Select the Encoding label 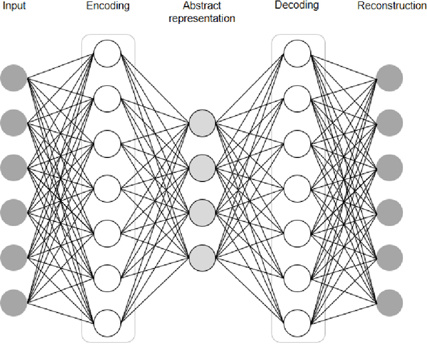pyautogui.click(x=107, y=6)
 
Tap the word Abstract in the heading pyautogui.click(x=201, y=6)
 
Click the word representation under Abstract pyautogui.click(x=202, y=18)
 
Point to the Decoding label pyautogui.click(x=297, y=5)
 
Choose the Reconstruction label pyautogui.click(x=391, y=6)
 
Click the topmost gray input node pyautogui.click(x=13, y=79)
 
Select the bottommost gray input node pyautogui.click(x=13, y=302)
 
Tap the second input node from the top pyautogui.click(x=13, y=123)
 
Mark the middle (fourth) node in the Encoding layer pyautogui.click(x=107, y=189)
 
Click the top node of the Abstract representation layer pyautogui.click(x=202, y=123)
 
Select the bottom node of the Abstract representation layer pyautogui.click(x=202, y=257)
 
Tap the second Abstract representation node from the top pyautogui.click(x=202, y=167)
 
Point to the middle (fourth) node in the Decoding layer pyautogui.click(x=297, y=189)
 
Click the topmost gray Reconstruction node pyautogui.click(x=390, y=79)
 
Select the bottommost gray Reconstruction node pyautogui.click(x=390, y=302)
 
